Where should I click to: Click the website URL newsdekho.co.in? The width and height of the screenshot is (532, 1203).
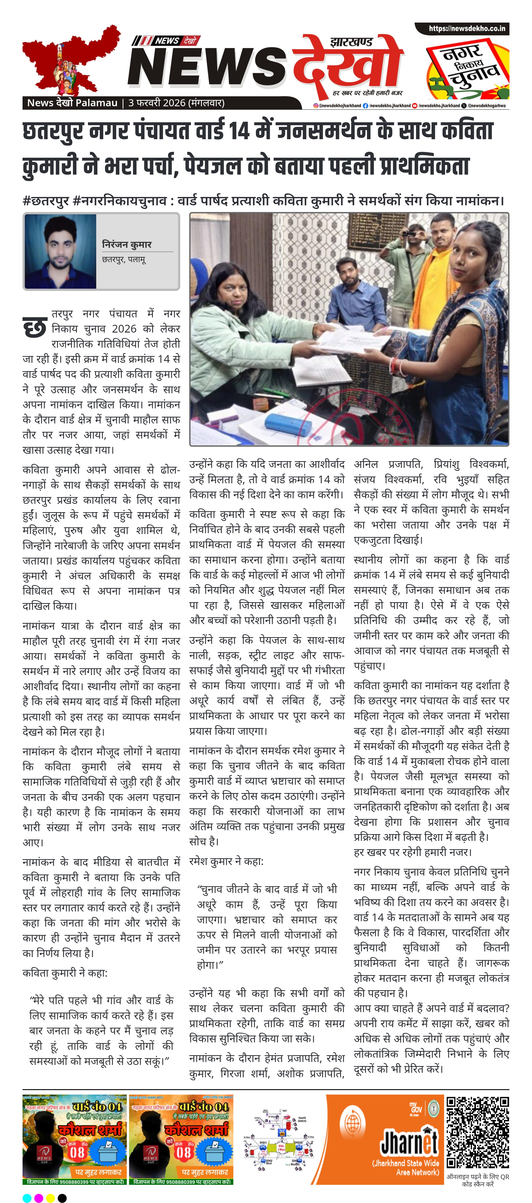point(467,28)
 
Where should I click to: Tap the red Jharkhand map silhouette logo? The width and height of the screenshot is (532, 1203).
point(70,61)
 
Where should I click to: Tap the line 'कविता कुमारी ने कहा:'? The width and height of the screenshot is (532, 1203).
point(65,973)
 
